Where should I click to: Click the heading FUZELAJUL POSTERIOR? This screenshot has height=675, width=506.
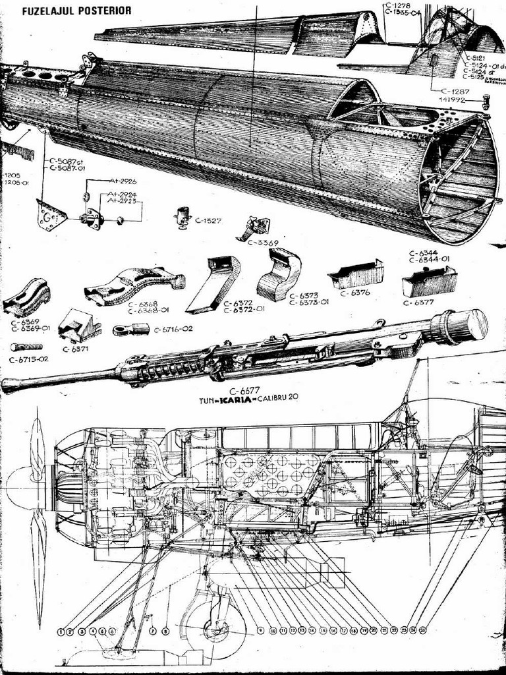pos(76,11)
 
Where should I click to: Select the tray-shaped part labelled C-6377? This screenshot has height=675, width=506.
pos(429,281)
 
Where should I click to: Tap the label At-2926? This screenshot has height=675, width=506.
pos(123,181)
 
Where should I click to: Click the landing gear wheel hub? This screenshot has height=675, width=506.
pos(215,630)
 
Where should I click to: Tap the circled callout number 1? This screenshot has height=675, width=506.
pos(61,631)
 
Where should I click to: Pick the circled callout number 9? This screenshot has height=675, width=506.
pos(261,631)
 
